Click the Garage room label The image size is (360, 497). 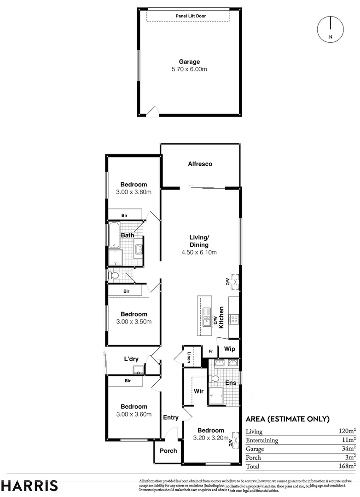click(189, 62)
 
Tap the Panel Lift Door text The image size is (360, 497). click(191, 16)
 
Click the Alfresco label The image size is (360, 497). click(200, 164)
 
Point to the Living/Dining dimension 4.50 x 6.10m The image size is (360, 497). click(199, 252)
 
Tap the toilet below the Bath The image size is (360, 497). click(114, 276)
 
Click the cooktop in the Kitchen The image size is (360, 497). click(234, 318)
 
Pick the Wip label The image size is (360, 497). click(229, 349)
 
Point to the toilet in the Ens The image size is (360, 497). click(213, 379)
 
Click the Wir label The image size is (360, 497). click(198, 391)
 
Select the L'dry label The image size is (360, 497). click(131, 359)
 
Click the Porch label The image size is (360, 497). click(168, 451)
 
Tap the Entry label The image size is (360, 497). click(171, 417)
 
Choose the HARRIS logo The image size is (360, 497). click(29, 485)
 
